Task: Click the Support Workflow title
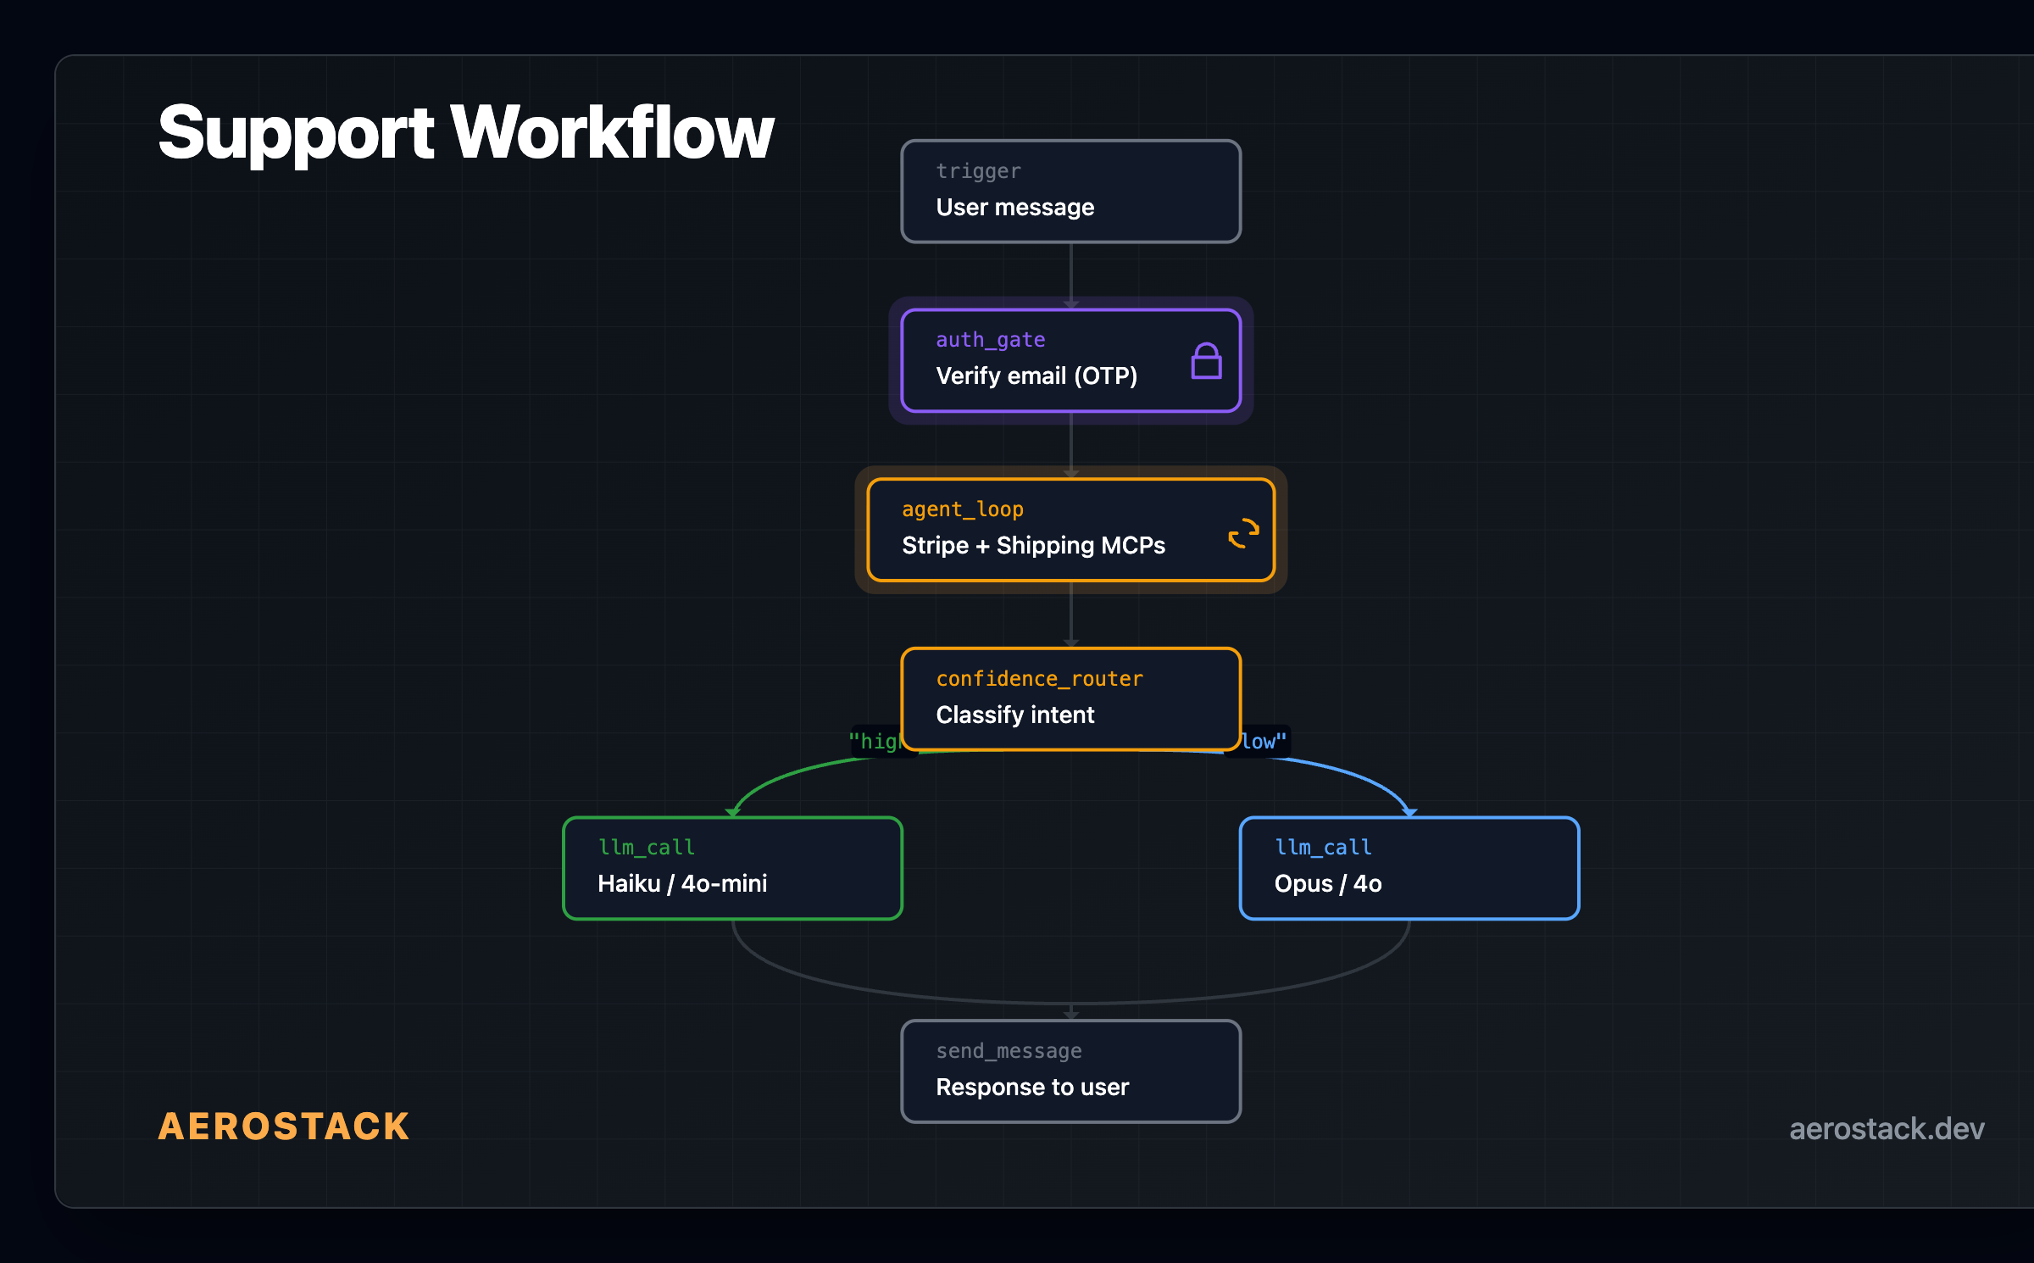point(465,133)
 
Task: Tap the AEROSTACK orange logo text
point(284,1127)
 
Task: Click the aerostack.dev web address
point(1886,1128)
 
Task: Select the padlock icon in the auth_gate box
point(1206,362)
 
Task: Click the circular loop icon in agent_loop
point(1243,534)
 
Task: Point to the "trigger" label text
point(978,171)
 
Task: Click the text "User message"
point(1014,208)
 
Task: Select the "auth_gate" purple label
point(990,340)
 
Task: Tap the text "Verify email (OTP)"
point(1036,376)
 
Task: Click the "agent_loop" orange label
point(962,509)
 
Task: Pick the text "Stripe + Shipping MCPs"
point(1033,546)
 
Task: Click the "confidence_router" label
point(1039,679)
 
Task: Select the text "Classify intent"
point(1014,715)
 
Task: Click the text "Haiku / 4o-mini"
point(682,884)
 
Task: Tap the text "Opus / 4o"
point(1327,884)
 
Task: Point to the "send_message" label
point(1009,1051)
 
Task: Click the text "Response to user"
point(1031,1088)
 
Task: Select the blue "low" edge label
point(1264,742)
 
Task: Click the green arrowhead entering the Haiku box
point(733,812)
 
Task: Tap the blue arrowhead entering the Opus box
point(1409,812)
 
